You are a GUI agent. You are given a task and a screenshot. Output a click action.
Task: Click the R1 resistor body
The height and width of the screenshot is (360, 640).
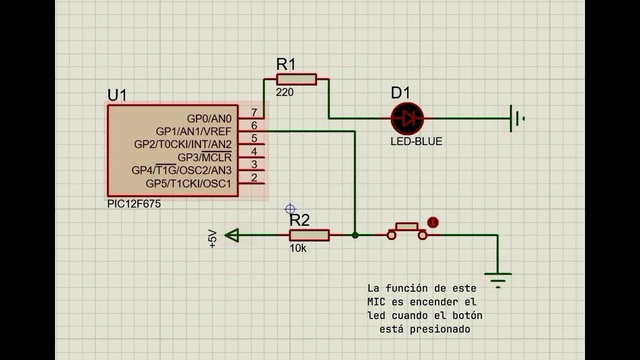296,79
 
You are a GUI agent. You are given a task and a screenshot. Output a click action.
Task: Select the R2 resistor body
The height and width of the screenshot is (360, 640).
309,235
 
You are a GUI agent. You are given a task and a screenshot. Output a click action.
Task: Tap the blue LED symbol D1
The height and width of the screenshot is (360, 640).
407,118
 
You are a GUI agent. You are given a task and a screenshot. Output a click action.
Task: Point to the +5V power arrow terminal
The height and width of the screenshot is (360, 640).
231,235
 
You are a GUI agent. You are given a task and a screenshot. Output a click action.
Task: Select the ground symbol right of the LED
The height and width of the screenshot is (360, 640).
515,118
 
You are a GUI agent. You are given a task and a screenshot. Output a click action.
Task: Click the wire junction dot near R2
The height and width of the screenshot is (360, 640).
355,235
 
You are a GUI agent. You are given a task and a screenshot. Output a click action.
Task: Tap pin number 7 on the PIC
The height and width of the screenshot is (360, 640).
254,113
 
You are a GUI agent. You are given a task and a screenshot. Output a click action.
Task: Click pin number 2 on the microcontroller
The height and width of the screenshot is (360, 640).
254,177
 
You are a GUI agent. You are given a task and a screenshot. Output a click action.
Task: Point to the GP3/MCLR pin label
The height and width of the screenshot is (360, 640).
204,157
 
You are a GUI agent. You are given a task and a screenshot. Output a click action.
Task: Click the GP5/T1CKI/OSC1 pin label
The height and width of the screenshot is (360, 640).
188,183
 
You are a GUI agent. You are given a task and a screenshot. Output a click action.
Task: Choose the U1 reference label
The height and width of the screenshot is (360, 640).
117,95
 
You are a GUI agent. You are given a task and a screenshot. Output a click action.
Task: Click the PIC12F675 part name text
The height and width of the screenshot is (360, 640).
134,204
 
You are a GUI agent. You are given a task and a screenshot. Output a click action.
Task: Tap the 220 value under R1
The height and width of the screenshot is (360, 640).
284,92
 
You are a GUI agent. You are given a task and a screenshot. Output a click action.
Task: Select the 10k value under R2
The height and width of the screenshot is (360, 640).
298,248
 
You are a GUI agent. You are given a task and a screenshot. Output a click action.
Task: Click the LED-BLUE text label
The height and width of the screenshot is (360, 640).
416,141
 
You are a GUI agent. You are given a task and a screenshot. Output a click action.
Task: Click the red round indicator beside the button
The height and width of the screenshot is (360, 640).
433,222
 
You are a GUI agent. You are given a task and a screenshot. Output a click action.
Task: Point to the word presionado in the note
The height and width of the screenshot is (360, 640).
439,329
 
